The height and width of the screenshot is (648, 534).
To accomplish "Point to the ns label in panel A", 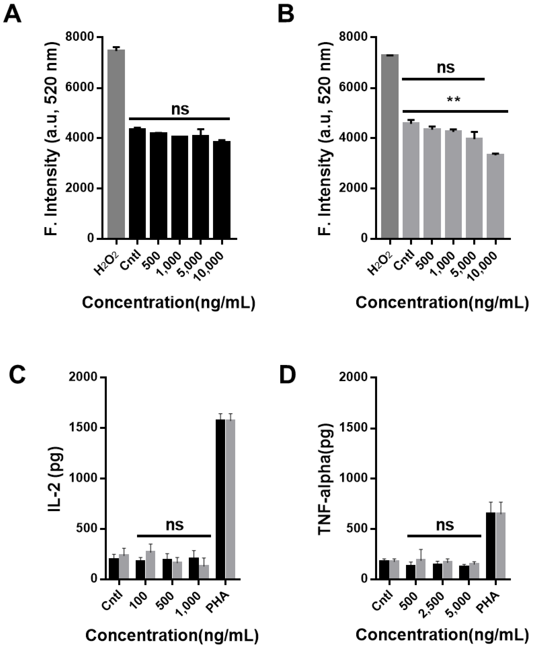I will click(x=180, y=109).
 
